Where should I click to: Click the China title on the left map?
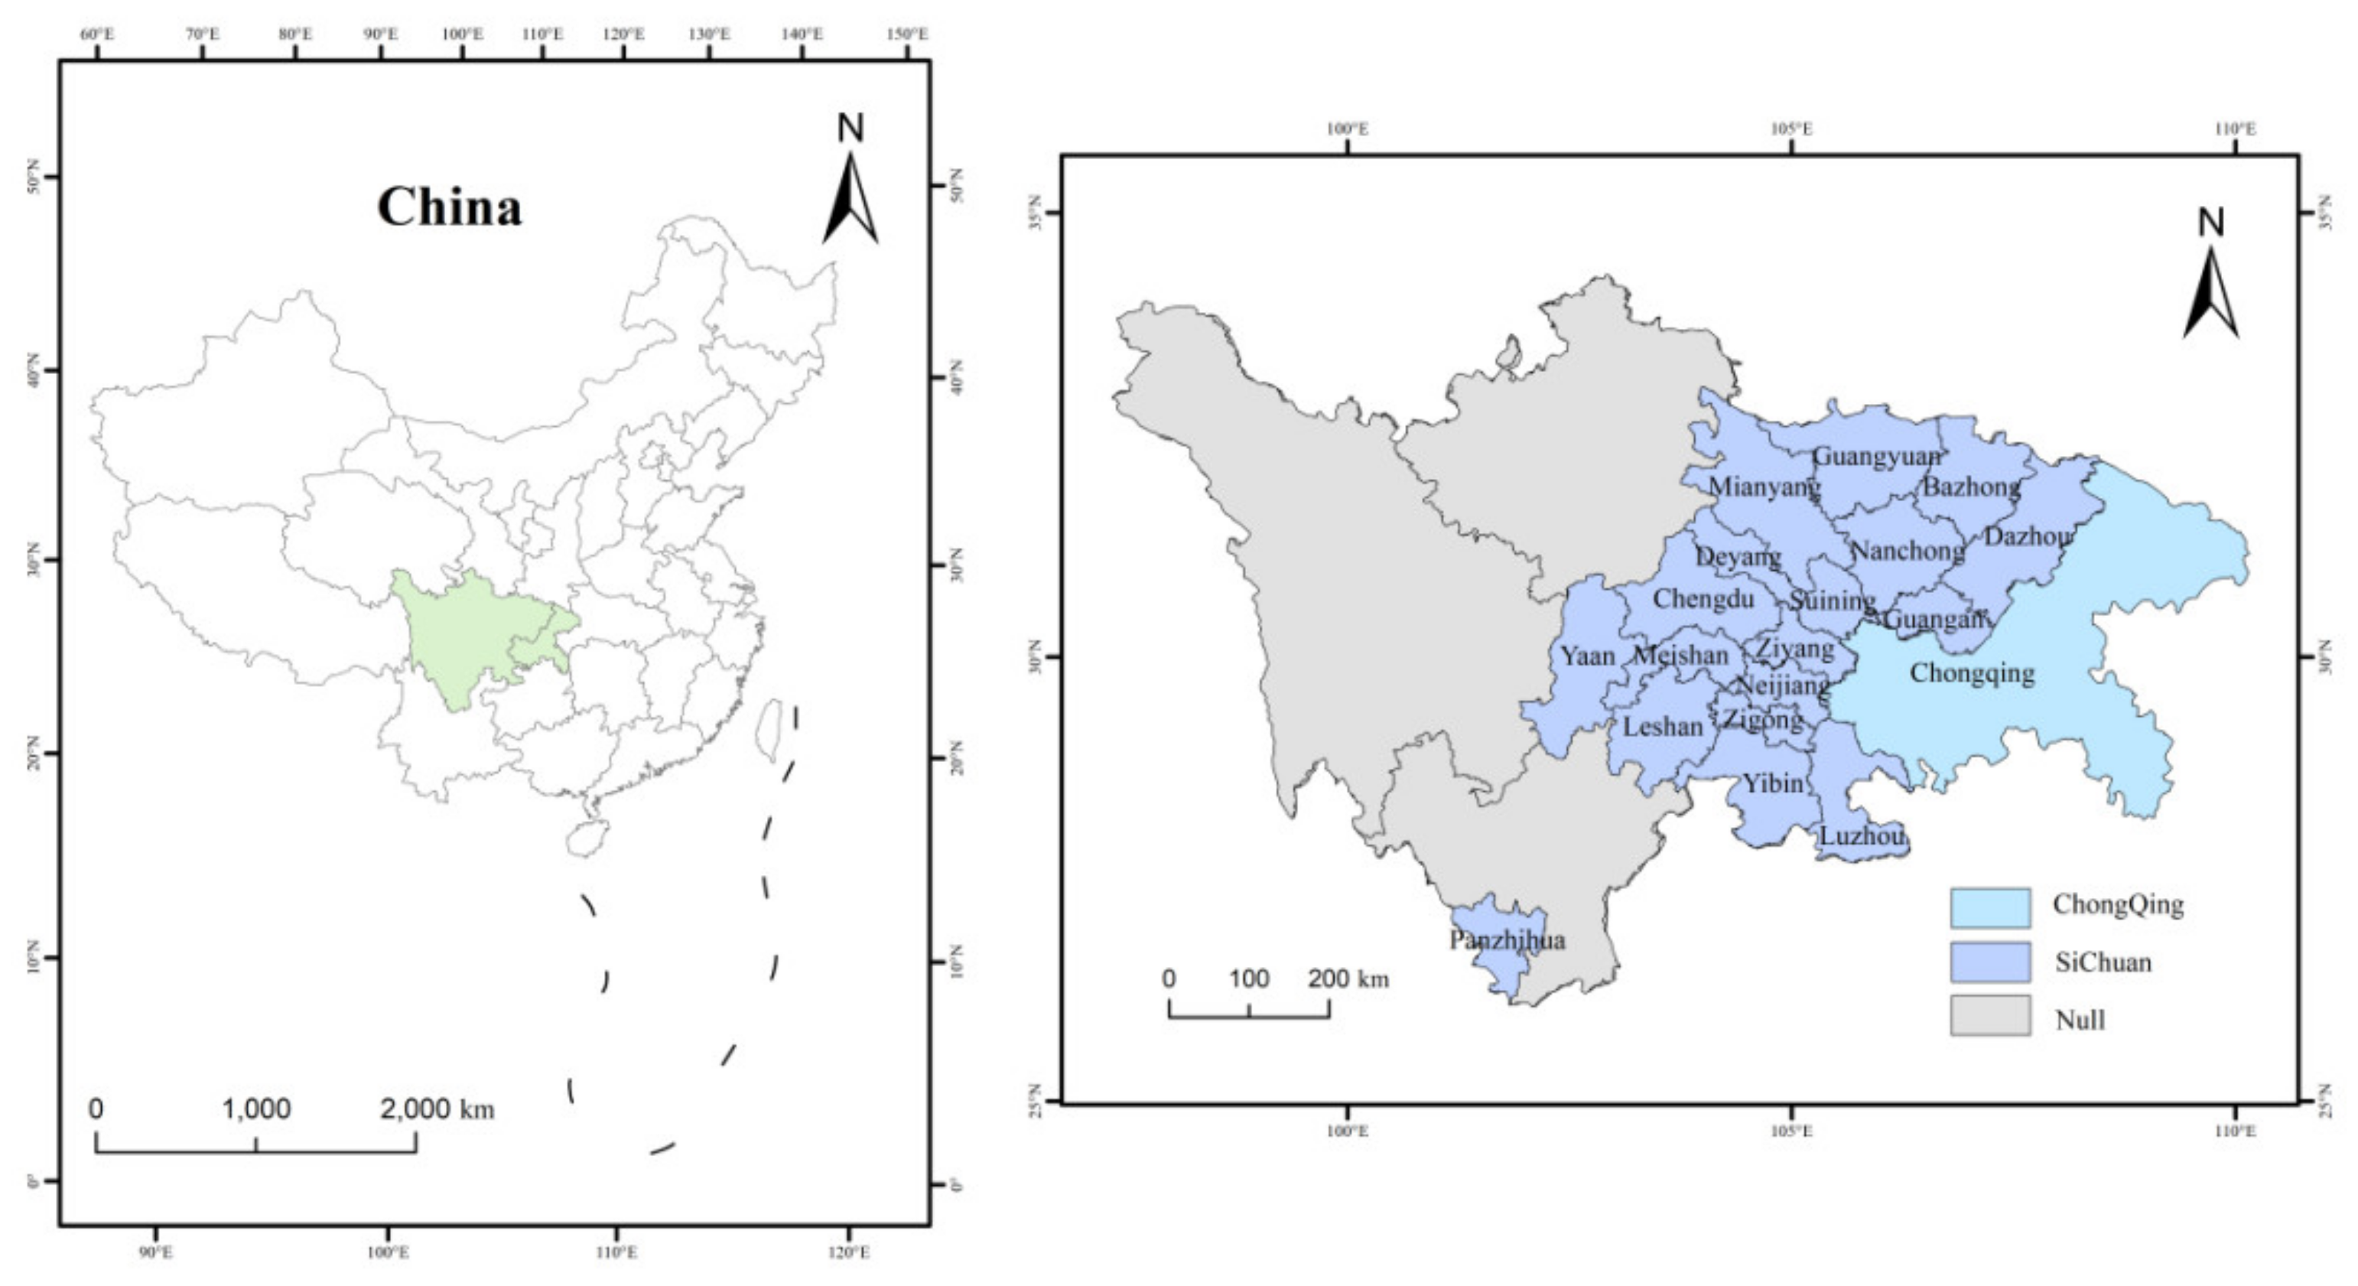point(450,208)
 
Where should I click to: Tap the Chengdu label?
point(1703,600)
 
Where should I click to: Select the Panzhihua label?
point(1507,940)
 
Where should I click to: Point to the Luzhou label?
point(1862,835)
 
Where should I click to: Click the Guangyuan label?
point(1875,456)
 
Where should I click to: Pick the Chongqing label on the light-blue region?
point(1972,674)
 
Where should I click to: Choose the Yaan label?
point(1587,656)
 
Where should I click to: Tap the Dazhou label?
point(2028,536)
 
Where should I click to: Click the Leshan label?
point(1662,727)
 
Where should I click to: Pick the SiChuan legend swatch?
point(1989,962)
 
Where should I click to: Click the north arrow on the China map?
point(851,183)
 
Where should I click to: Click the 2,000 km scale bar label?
point(437,1109)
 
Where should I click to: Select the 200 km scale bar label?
point(1348,979)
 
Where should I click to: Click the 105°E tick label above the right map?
point(1790,129)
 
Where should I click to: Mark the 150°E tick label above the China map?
point(907,34)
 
